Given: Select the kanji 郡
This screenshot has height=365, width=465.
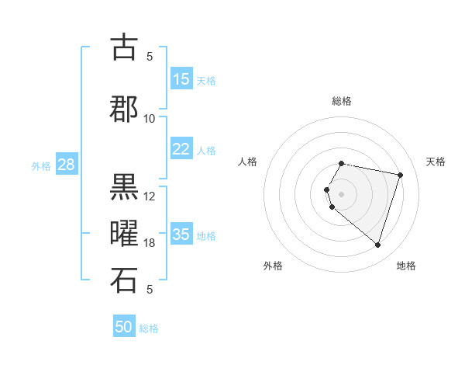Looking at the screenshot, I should [124, 109].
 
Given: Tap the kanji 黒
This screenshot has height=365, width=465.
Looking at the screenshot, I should [124, 187].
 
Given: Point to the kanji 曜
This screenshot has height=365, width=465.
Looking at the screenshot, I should [124, 234].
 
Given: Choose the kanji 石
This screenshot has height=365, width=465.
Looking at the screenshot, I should [124, 280].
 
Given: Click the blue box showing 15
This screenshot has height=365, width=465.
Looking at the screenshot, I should [181, 79].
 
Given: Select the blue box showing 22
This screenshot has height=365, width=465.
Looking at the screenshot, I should [181, 149].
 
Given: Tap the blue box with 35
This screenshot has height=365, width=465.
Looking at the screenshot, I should [181, 235].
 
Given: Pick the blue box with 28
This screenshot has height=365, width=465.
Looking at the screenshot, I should [65, 165].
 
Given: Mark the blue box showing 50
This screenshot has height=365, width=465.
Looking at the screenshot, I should [124, 327].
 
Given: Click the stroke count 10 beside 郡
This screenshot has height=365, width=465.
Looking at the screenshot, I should [150, 118].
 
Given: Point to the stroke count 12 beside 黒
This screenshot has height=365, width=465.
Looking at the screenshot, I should [150, 196].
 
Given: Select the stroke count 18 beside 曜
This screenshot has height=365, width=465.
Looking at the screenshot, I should [150, 243].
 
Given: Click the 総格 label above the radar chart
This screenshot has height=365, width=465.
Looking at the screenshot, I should [342, 101].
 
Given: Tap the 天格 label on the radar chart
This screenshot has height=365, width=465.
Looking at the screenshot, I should [436, 162].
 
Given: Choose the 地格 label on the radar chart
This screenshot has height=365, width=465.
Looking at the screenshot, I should [406, 266].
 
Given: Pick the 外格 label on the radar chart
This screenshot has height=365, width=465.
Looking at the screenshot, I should [273, 266].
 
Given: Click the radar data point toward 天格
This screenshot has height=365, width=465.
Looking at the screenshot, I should [400, 175].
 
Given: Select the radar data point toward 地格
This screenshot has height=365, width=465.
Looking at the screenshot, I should [377, 245].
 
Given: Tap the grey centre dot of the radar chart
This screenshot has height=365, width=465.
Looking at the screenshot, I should [341, 193].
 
